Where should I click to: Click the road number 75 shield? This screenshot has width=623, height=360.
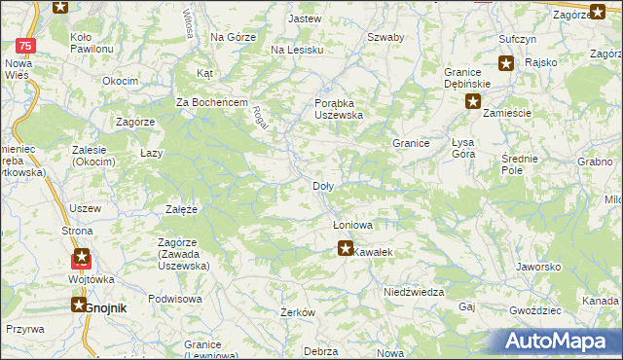click(27, 46)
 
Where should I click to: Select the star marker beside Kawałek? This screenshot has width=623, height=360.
click(345, 249)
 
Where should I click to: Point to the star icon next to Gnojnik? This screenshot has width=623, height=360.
click(78, 305)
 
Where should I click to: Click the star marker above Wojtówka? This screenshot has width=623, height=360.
click(82, 259)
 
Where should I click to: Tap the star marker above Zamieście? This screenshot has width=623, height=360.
click(473, 100)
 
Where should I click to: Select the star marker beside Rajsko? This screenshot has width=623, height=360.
click(506, 63)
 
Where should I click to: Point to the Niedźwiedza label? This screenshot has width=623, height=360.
click(414, 292)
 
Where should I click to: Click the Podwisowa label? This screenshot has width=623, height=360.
click(174, 299)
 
